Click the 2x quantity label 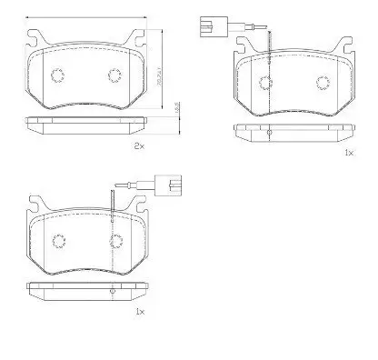[140, 145]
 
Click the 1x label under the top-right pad [348, 152]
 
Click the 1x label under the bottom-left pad [139, 311]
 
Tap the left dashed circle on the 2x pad [57, 75]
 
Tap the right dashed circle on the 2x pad [115, 75]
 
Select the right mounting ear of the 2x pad [140, 39]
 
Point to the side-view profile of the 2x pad [86, 124]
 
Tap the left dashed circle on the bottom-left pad [58, 241]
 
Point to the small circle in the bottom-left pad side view [110, 291]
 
